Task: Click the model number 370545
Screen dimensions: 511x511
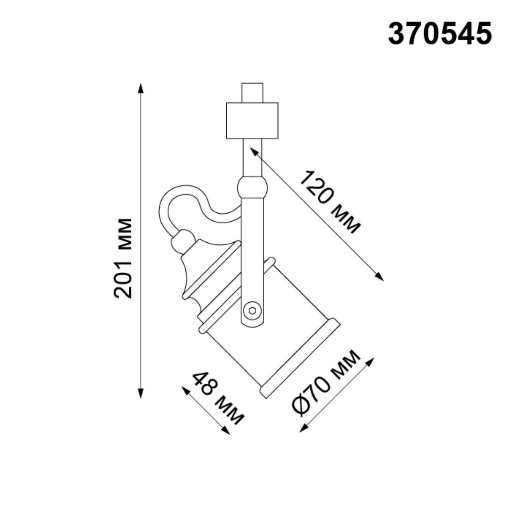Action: [440, 34]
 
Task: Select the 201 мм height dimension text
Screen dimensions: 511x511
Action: [123, 258]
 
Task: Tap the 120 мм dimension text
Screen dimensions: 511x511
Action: [330, 202]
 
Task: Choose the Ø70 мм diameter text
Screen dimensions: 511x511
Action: [326, 383]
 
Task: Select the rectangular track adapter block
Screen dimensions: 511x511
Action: [252, 121]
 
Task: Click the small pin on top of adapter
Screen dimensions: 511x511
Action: [252, 93]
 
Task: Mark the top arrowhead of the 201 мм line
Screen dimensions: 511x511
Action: [140, 87]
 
